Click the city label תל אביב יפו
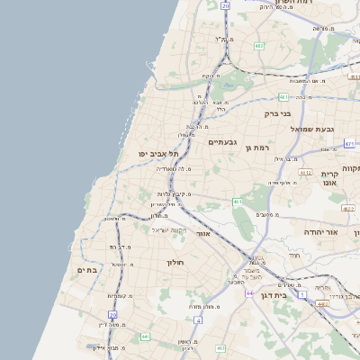(155, 154)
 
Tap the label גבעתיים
(221, 142)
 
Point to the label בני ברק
(278, 114)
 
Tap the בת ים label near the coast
(86, 270)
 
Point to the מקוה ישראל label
(167, 229)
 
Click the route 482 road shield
(258, 45)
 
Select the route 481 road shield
(283, 97)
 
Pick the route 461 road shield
(238, 202)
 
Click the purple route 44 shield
(248, 293)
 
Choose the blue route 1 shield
(303, 294)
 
